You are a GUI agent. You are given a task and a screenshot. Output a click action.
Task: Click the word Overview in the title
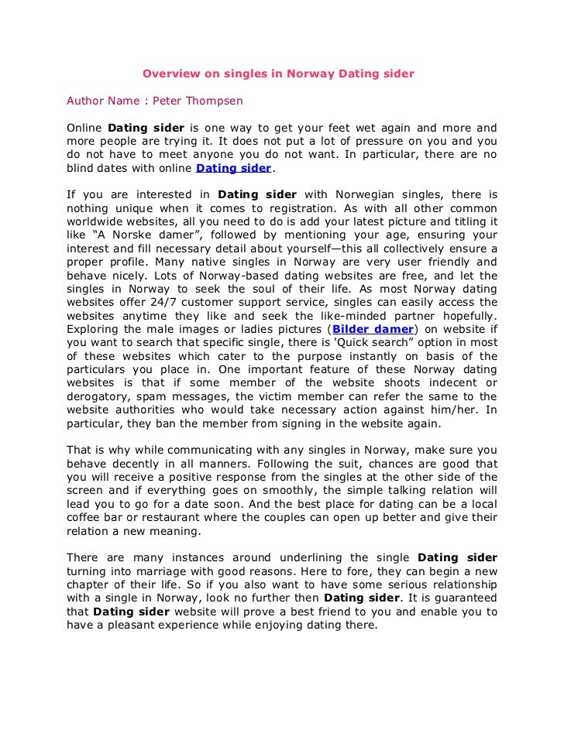tap(170, 74)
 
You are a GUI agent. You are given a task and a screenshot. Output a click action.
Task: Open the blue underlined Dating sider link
tap(233, 167)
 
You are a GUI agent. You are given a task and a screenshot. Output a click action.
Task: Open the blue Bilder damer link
tap(373, 328)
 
